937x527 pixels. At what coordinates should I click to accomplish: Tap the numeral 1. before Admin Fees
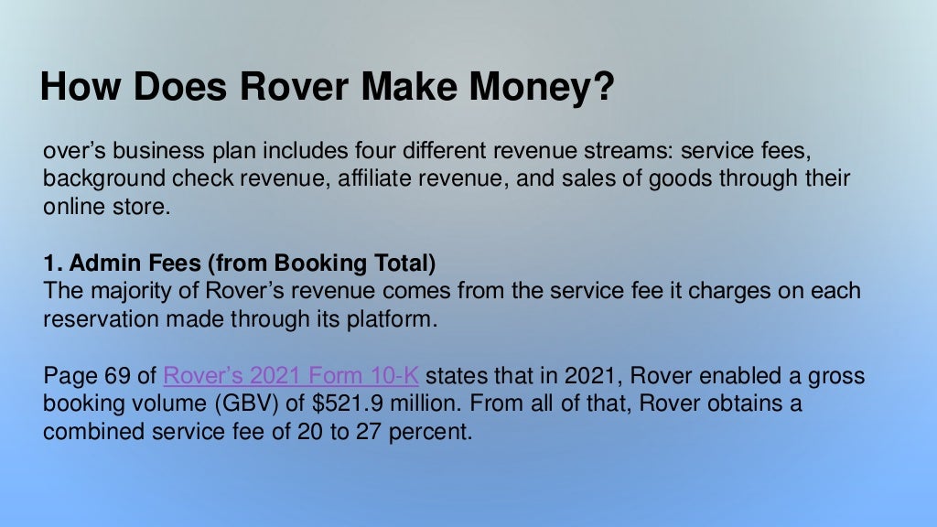(51, 263)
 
